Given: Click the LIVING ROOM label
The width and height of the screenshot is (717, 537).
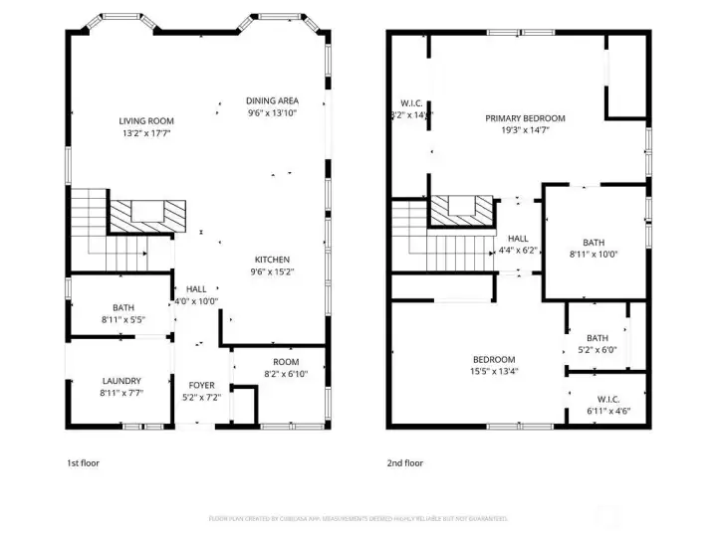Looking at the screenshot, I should pyautogui.click(x=146, y=120).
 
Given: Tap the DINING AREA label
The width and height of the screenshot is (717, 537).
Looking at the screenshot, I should pyautogui.click(x=272, y=100).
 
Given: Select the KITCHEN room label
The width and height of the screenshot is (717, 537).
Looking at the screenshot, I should pyautogui.click(x=272, y=258).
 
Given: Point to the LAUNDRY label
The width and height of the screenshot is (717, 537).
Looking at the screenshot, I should pyautogui.click(x=121, y=381).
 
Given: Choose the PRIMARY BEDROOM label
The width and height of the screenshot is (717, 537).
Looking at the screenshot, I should pyautogui.click(x=525, y=118).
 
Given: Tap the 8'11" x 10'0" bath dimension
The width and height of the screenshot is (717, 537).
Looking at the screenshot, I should pyautogui.click(x=594, y=254).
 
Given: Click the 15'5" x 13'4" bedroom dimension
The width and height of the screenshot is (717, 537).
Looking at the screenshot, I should pyautogui.click(x=493, y=371).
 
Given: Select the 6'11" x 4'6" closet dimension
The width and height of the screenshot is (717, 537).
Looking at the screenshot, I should pyautogui.click(x=607, y=411).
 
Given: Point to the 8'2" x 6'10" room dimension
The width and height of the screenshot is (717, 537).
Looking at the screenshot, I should pyautogui.click(x=287, y=373).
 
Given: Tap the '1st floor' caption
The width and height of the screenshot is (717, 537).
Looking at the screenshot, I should pyautogui.click(x=83, y=462).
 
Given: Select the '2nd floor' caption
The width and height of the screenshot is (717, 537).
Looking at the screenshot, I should pyautogui.click(x=405, y=462).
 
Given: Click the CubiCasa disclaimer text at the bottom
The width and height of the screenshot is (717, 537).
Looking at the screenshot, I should pyautogui.click(x=358, y=518).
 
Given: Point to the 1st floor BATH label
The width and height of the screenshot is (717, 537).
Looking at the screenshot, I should pyautogui.click(x=123, y=308).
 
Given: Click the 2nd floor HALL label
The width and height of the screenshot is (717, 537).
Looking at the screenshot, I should pyautogui.click(x=518, y=239).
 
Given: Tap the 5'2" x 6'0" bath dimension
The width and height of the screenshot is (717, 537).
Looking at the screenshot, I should pyautogui.click(x=597, y=350).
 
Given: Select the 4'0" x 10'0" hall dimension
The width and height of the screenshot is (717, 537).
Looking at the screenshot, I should pyautogui.click(x=196, y=301).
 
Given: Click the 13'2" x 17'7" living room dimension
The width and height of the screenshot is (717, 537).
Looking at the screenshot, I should pyautogui.click(x=146, y=132).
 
